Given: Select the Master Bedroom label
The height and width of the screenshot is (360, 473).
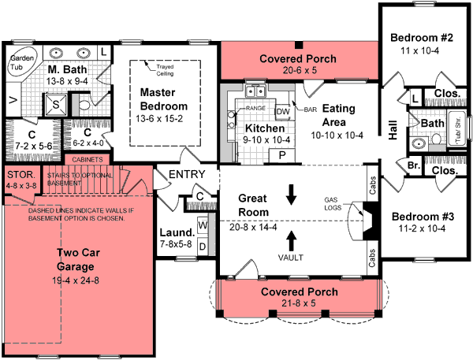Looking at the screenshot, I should [163, 99].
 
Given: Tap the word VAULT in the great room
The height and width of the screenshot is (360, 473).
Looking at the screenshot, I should [292, 257].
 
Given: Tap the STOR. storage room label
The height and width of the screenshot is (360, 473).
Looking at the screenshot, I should [17, 176].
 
